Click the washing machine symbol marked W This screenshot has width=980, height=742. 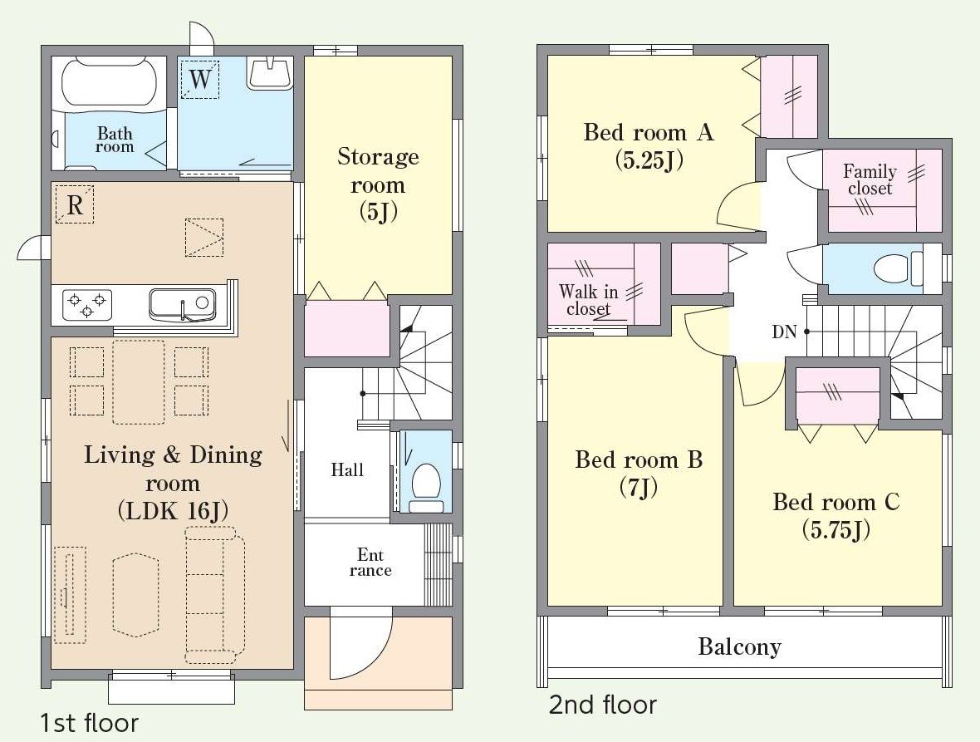[200, 80]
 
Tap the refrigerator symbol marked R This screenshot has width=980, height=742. [75, 204]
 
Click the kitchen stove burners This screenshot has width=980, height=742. [87, 305]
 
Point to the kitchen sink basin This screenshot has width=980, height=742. [183, 304]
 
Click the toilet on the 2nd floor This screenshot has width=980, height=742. [898, 268]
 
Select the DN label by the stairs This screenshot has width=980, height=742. [784, 332]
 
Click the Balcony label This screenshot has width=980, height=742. [739, 647]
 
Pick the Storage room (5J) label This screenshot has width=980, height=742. [378, 184]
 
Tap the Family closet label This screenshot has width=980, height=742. [870, 179]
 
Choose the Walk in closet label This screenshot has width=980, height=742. [588, 300]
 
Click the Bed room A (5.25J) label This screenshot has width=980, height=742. [649, 145]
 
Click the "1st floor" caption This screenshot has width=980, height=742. [90, 723]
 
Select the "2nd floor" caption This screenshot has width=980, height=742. [602, 705]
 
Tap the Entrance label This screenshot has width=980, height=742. [370, 562]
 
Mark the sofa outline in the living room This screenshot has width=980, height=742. [214, 594]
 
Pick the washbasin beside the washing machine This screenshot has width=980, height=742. [270, 73]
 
